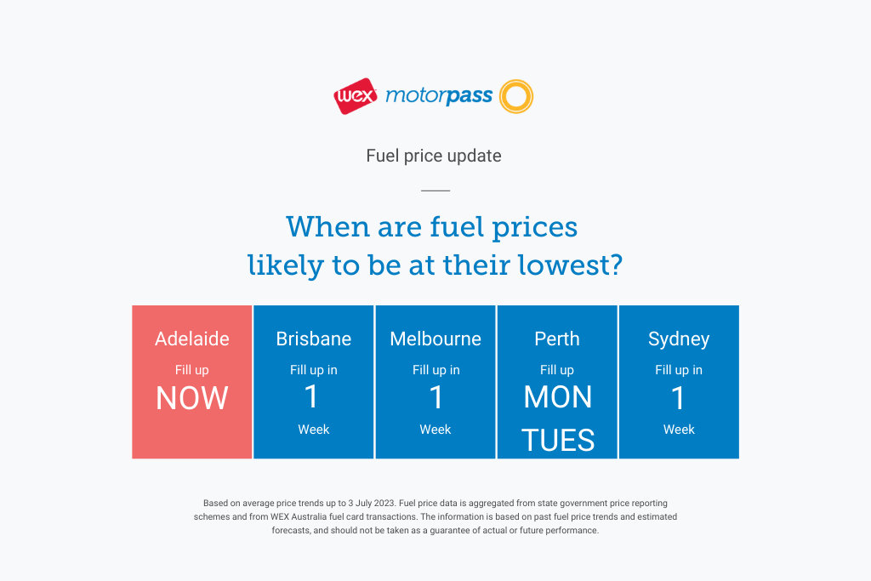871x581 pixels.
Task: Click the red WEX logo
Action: (x=356, y=96)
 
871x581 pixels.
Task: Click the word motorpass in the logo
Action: (x=439, y=96)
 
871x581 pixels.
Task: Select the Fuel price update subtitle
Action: (x=433, y=156)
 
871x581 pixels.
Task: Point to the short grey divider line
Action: (x=435, y=191)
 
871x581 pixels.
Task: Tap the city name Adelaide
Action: (x=191, y=339)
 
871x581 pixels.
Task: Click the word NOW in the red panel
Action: (x=191, y=398)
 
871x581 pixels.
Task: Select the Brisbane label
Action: (x=313, y=339)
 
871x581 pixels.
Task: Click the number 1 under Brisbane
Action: (x=311, y=396)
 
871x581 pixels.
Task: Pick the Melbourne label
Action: (x=435, y=339)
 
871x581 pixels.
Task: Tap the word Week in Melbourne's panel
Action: (x=435, y=430)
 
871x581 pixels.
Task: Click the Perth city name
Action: (x=557, y=339)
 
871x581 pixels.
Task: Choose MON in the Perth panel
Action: (x=558, y=397)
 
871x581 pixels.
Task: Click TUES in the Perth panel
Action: (x=558, y=441)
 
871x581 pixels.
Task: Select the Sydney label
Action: (x=679, y=339)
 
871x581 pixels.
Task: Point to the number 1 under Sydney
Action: (x=678, y=398)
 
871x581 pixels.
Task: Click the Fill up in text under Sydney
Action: (x=679, y=370)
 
